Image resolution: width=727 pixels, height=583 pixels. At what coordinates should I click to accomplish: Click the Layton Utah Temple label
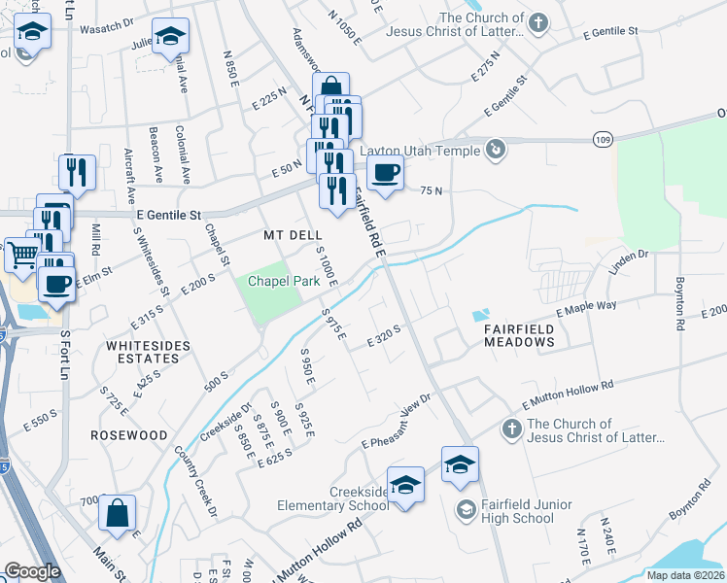[420, 151]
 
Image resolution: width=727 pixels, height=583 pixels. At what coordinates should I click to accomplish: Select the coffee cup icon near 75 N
[386, 173]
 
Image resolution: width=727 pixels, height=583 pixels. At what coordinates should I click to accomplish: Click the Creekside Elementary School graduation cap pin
[405, 484]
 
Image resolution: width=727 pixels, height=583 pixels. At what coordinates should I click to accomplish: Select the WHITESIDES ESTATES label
[147, 352]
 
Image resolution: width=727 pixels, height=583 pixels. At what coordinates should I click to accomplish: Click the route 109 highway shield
[604, 141]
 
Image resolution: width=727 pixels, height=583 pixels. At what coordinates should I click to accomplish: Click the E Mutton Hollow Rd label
[569, 393]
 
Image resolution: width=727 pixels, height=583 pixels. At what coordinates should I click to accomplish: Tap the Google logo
[33, 570]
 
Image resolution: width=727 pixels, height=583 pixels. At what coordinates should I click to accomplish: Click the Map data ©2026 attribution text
[685, 575]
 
